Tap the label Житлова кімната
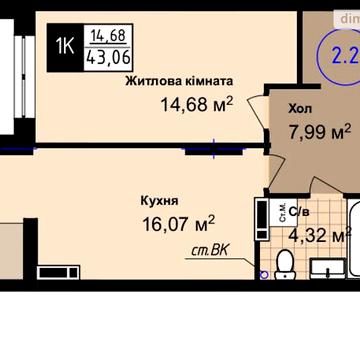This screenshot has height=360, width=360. coord(180,81)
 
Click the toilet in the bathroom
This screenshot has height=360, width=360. coord(285,262)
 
